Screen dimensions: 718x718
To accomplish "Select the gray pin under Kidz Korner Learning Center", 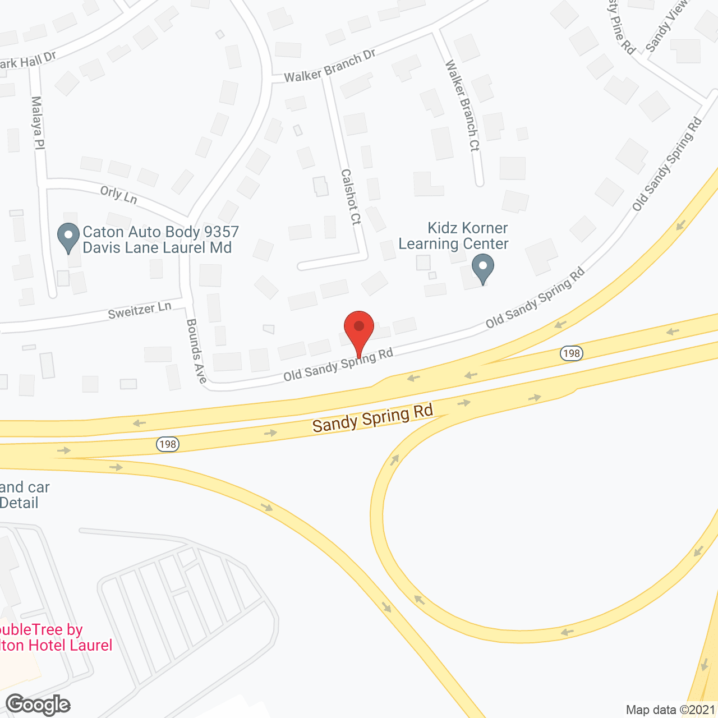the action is (x=482, y=269).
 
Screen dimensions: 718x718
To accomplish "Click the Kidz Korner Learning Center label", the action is (x=453, y=236).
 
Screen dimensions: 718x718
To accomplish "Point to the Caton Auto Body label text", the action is (x=160, y=240).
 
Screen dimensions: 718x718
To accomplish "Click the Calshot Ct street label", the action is (x=351, y=197).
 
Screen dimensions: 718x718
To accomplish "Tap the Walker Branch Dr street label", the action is (x=329, y=66).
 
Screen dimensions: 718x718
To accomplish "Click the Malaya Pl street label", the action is (x=38, y=122).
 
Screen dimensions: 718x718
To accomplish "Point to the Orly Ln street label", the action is (x=119, y=195).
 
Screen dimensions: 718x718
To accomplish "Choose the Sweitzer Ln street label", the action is (x=140, y=310).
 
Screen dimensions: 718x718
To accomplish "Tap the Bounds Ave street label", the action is (x=196, y=351).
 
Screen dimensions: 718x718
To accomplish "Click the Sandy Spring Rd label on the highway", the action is (x=373, y=418).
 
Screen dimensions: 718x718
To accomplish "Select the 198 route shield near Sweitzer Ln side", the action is (x=167, y=444).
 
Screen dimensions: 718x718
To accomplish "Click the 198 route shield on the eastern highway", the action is (x=571, y=353).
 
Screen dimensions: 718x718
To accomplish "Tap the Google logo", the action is (x=38, y=705).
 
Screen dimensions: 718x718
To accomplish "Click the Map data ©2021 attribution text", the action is (x=670, y=710).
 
